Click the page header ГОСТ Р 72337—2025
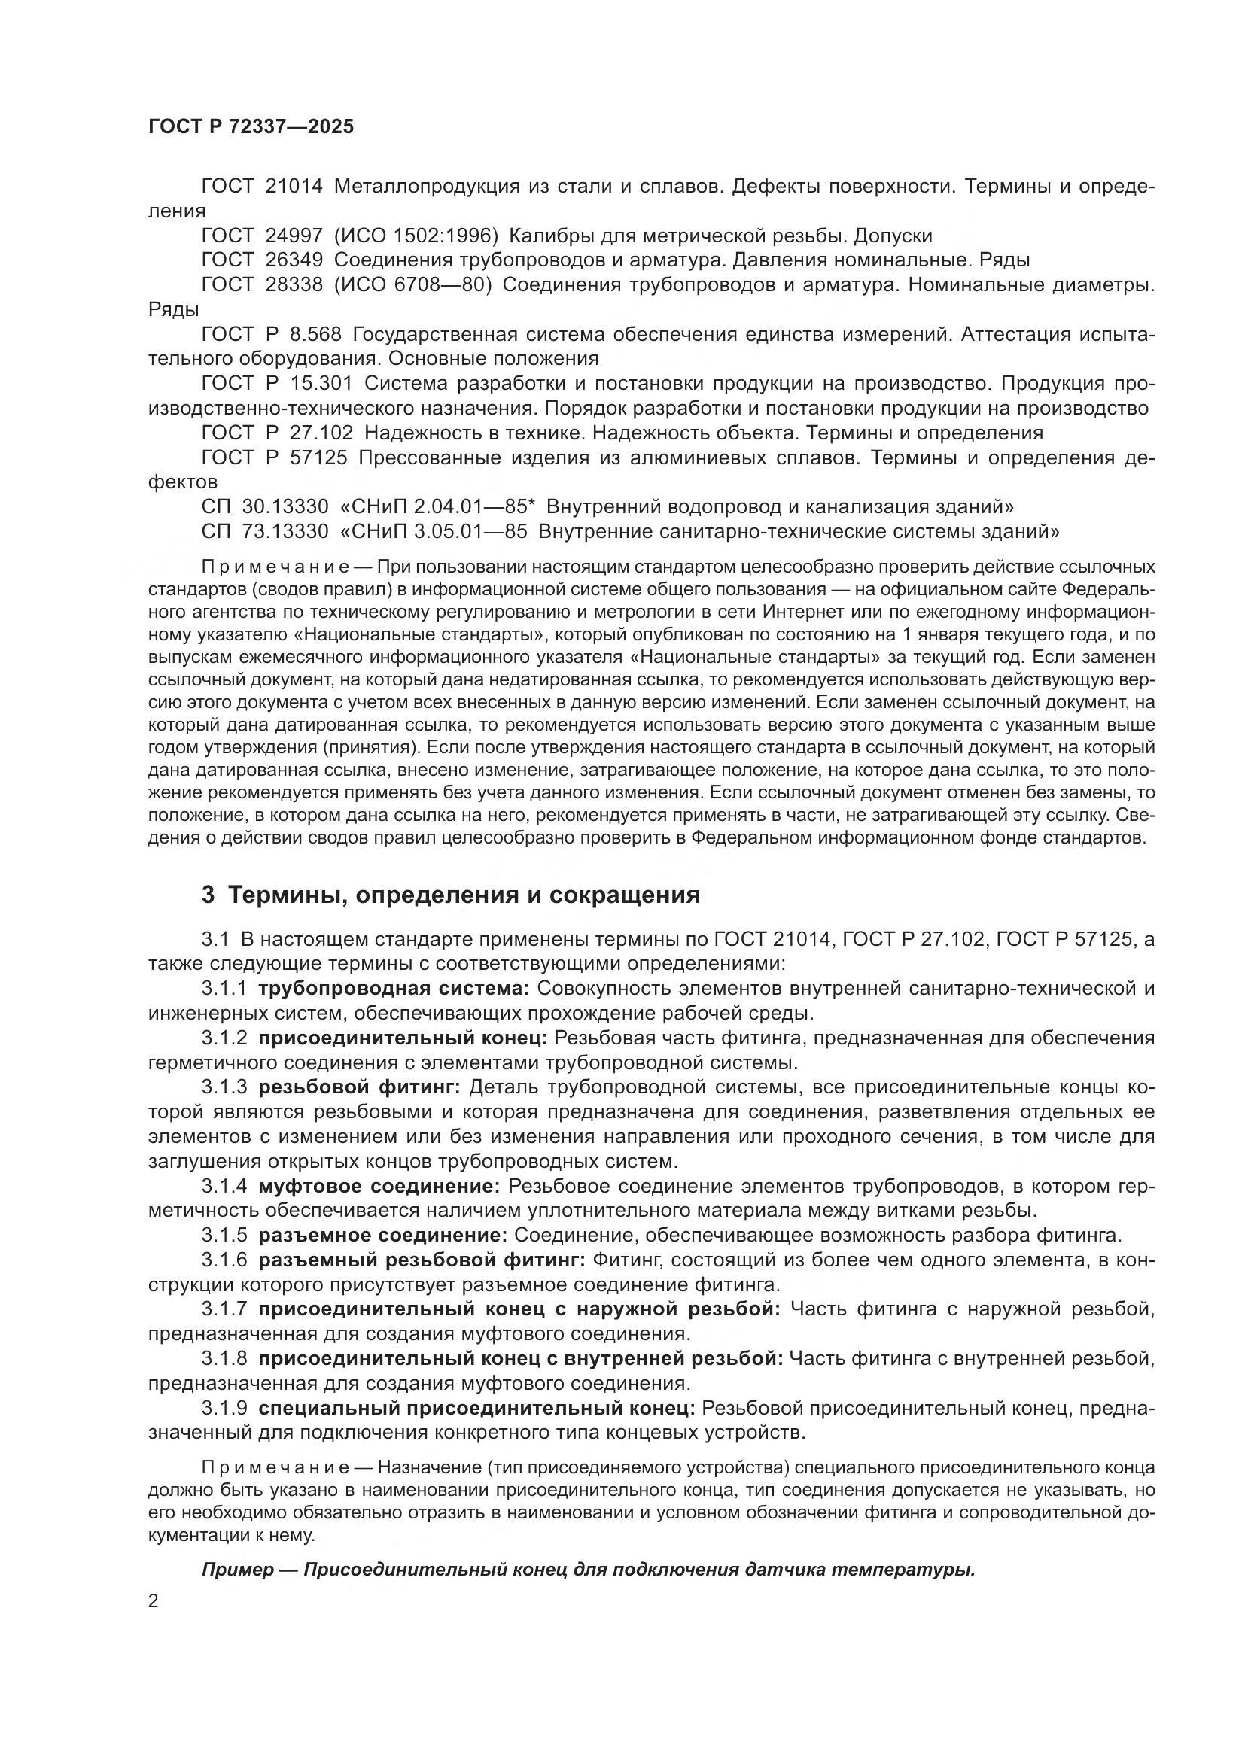tap(251, 127)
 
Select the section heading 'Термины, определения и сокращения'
tap(464, 895)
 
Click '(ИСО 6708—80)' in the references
tap(412, 285)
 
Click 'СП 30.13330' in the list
tap(264, 506)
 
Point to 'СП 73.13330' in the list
tap(264, 531)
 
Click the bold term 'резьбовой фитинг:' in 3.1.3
tap(359, 1087)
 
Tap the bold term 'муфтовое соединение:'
tap(379, 1186)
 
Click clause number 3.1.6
tap(224, 1260)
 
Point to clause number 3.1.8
tap(224, 1359)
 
